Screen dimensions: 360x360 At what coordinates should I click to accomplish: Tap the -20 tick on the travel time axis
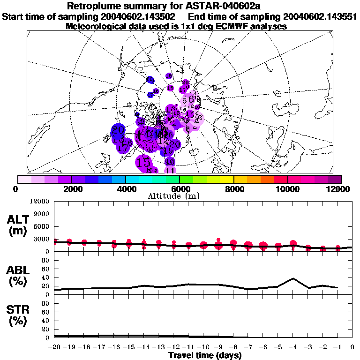click(54, 347)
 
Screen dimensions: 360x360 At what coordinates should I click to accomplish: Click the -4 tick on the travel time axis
click(293, 347)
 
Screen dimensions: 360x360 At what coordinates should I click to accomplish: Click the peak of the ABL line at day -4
click(293, 278)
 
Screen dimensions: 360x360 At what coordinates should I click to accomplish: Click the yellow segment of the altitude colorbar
click(227, 179)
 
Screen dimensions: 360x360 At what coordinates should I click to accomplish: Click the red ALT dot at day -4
click(293, 244)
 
